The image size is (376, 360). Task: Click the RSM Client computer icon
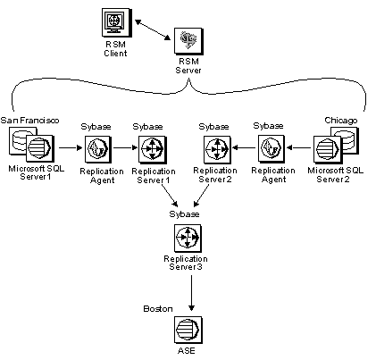point(117,22)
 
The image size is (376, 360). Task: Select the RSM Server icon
point(188,41)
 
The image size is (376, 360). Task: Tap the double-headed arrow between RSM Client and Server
point(153,29)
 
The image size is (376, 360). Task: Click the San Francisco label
point(29,121)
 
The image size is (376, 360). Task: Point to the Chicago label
point(341,121)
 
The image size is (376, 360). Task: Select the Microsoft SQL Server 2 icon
point(336,145)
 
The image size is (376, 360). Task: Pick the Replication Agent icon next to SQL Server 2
point(272,148)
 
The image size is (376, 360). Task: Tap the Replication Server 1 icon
point(153,149)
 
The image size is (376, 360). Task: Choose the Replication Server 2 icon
point(217,148)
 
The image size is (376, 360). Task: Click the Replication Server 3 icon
point(188,238)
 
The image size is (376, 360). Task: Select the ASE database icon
point(188,330)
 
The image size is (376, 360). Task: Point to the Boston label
point(158,308)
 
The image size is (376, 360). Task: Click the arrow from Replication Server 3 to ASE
point(191,293)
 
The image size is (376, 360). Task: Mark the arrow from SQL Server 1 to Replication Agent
point(71,147)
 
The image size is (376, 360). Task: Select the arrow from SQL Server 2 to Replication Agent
point(299,147)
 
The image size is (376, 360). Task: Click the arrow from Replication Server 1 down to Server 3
point(170,196)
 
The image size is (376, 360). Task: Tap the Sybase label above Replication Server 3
point(184,214)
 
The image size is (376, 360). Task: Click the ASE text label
point(187,351)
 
